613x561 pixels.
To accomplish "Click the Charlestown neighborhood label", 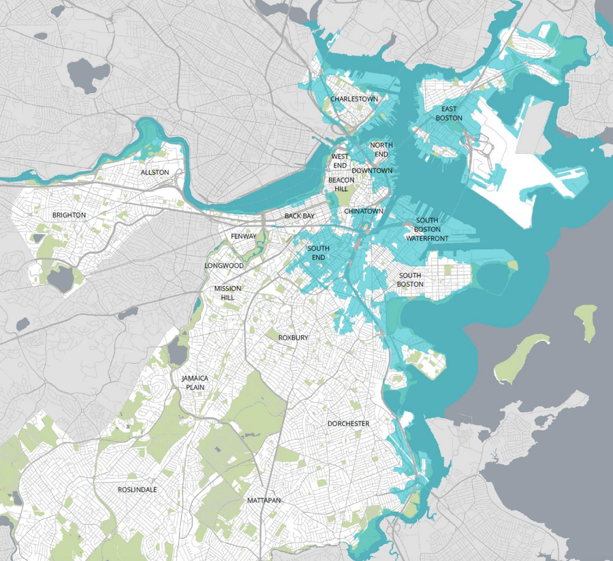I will [x=353, y=99].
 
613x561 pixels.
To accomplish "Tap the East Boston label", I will [x=451, y=114].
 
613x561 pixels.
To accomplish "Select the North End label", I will [x=381, y=150].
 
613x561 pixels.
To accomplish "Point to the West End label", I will [x=340, y=161].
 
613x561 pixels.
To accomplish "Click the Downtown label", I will [x=372, y=171].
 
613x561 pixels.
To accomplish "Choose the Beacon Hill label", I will [x=341, y=185].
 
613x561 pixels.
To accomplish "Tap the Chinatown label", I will [x=364, y=212].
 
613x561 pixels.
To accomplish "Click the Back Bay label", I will [x=300, y=217].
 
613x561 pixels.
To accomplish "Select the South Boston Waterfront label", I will [x=427, y=229].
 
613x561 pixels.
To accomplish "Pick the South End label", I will [x=318, y=253].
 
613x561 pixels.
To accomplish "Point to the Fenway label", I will [x=244, y=236].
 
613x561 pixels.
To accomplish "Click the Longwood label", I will [x=224, y=266].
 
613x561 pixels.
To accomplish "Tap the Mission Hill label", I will [x=227, y=293].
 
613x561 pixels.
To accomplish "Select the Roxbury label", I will [x=294, y=338].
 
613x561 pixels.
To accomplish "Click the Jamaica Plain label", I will [x=195, y=383].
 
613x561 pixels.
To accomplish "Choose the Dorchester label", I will [x=348, y=423].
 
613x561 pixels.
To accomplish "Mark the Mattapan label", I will [x=264, y=501].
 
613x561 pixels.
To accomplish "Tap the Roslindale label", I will [x=137, y=490].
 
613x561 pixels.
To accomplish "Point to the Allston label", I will [x=155, y=173].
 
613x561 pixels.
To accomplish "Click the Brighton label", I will [x=69, y=215].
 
